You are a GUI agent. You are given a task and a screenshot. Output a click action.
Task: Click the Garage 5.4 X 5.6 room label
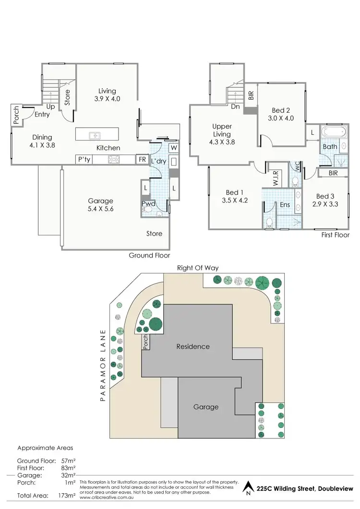point(100,205)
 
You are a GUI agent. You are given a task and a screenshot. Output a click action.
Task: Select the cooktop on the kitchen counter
point(114,159)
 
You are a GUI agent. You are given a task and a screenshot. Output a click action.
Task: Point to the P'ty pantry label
point(84,159)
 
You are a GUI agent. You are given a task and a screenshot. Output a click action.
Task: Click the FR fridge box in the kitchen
point(143,159)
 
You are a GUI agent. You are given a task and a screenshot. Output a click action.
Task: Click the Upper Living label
point(222,130)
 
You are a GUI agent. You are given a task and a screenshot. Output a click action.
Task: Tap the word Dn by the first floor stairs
point(235,107)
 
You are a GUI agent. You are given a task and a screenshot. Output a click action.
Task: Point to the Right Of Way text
point(198,268)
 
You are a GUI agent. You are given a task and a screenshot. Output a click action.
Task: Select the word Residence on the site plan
point(193,346)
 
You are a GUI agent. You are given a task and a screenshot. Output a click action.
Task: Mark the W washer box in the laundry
point(173,147)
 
